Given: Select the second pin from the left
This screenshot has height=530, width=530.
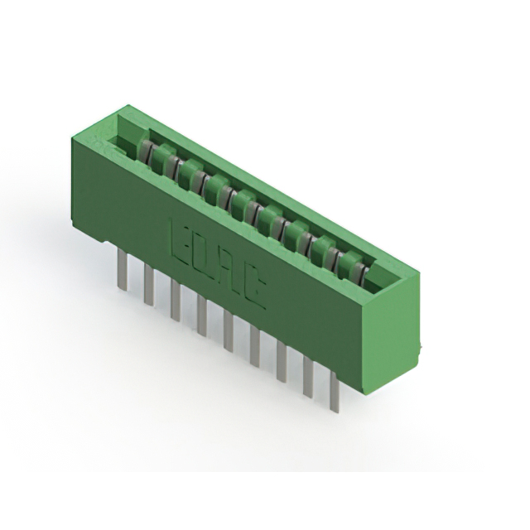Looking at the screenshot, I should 149,286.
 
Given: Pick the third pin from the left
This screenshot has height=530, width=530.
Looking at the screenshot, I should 176,301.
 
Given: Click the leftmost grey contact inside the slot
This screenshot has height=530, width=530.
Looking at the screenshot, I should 144,152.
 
